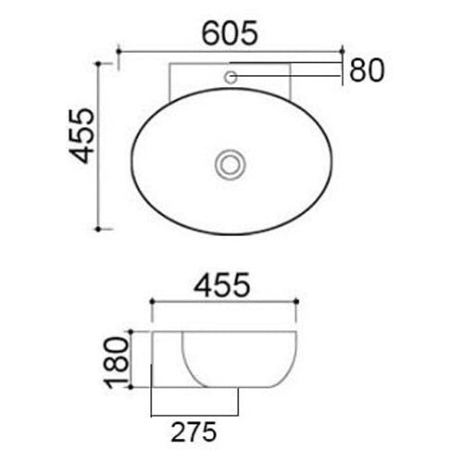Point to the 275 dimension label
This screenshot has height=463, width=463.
(x=194, y=432)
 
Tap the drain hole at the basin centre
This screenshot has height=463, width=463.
(x=229, y=166)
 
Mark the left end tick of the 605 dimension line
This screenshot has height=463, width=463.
(x=119, y=49)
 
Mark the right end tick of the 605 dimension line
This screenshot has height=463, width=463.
(x=344, y=49)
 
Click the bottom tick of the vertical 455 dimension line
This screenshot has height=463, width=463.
(x=99, y=227)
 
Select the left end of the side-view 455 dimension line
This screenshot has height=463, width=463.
(x=151, y=304)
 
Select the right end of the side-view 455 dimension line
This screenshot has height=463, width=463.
(x=297, y=304)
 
